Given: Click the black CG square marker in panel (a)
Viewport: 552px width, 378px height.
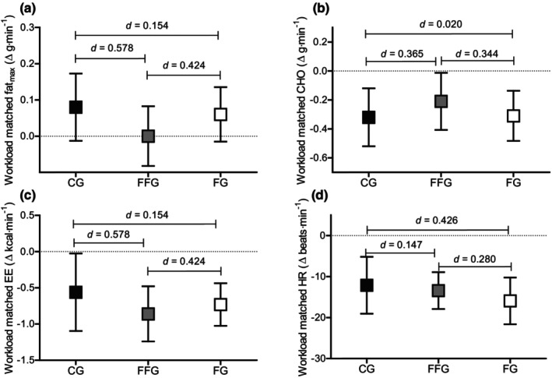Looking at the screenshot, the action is pyautogui.click(x=76, y=107).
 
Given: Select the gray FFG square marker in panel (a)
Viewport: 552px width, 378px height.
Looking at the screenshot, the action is pyautogui.click(x=148, y=136).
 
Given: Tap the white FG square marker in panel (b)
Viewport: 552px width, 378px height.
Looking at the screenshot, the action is pyautogui.click(x=514, y=116).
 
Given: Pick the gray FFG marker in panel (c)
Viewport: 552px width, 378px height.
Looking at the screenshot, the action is pyautogui.click(x=148, y=314).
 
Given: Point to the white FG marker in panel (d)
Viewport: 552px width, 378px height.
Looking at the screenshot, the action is pyautogui.click(x=510, y=301).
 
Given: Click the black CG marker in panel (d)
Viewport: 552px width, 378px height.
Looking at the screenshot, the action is pyautogui.click(x=367, y=285).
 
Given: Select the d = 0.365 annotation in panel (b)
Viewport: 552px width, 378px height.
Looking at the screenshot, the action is pyautogui.click(x=402, y=54).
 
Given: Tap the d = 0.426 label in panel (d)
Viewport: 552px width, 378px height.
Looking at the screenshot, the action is pyautogui.click(x=437, y=221).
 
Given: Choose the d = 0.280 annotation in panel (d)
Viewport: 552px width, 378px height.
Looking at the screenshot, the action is pyautogui.click(x=475, y=260).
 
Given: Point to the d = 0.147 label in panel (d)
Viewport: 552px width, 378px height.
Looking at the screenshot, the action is pyautogui.click(x=401, y=245).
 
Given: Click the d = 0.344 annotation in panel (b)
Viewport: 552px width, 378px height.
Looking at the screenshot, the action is pyautogui.click(x=476, y=54).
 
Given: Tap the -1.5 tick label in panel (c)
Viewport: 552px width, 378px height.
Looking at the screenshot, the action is pyautogui.click(x=26, y=360).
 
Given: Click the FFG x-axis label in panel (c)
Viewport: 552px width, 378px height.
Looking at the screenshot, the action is pyautogui.click(x=148, y=371).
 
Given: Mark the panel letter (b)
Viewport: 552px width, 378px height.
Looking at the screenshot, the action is pyautogui.click(x=321, y=9).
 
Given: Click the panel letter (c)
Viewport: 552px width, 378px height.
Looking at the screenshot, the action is pyautogui.click(x=28, y=196).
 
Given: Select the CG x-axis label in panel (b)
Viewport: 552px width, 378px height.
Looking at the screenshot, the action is pyautogui.click(x=368, y=182).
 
